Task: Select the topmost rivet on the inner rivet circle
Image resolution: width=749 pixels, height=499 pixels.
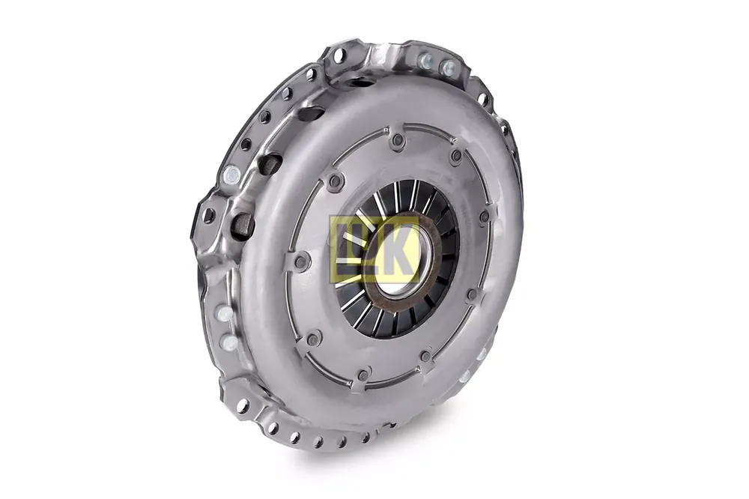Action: point(398,139)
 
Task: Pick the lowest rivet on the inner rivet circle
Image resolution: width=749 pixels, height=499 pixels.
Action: point(363,375)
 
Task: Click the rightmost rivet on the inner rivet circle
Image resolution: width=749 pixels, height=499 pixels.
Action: point(485,217)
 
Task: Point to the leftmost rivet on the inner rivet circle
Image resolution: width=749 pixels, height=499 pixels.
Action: point(300,261)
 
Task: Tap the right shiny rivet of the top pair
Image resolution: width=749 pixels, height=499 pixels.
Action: point(449,67)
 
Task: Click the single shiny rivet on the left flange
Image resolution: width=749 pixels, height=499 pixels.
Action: point(231,174)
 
